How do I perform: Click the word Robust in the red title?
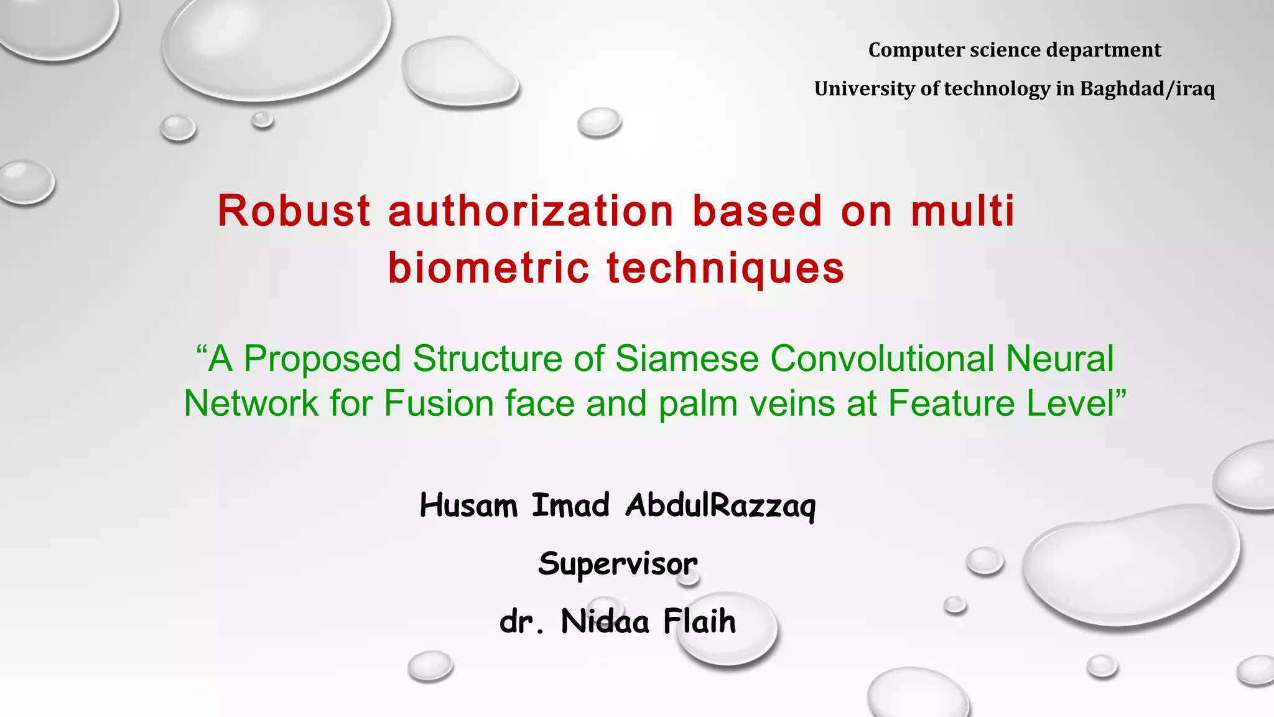tap(294, 211)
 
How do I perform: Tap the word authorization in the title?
tap(531, 211)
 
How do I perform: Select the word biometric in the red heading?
tap(488, 268)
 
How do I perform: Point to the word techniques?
tap(725, 268)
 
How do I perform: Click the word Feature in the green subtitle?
tap(952, 403)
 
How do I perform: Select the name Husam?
tap(468, 505)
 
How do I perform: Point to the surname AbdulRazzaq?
tap(720, 505)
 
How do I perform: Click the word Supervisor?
tap(618, 564)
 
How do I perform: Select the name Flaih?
tap(700, 621)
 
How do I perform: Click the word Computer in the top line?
tap(908, 50)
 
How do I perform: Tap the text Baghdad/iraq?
tap(1147, 88)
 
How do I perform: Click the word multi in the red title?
tap(963, 211)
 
